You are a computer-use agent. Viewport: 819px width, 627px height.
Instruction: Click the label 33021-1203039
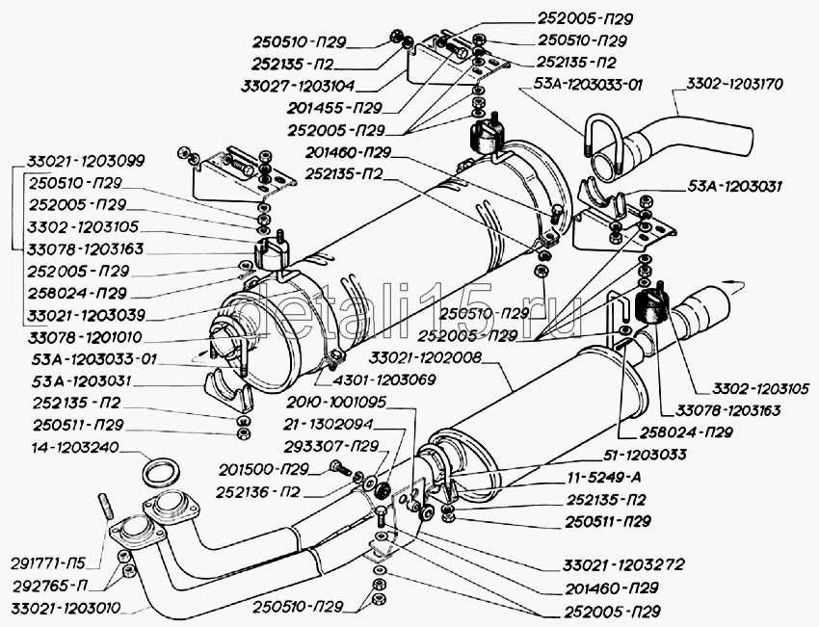tap(83, 315)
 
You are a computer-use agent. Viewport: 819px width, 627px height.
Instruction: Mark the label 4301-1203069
tap(394, 379)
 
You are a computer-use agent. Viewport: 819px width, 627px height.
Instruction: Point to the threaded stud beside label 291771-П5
tap(106, 507)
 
